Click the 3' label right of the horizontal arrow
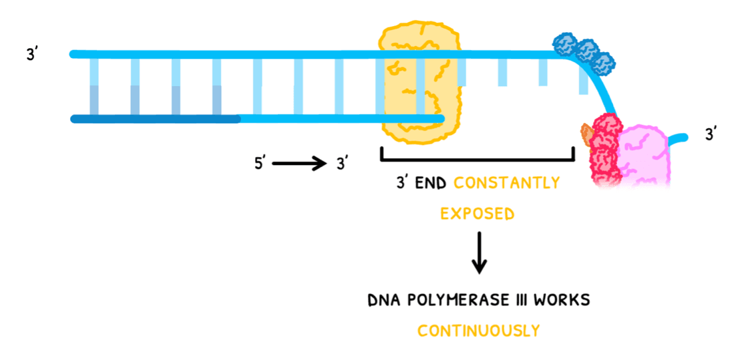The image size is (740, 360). point(342,163)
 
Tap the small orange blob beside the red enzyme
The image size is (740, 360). point(586,134)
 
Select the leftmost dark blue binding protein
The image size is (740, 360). point(565,45)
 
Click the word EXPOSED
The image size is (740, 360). point(477,214)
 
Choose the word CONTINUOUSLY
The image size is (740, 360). point(478,330)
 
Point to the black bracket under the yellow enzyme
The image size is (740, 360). point(477,158)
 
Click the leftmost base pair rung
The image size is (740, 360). point(94,86)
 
